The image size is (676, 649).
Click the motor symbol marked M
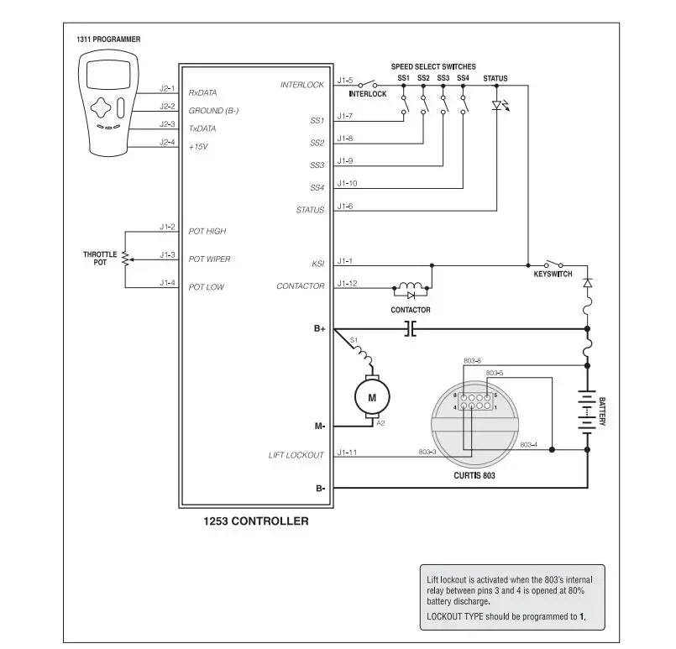(372, 397)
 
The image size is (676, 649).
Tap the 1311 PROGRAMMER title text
(108, 39)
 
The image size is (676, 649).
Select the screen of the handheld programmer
(108, 74)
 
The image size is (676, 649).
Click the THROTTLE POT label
(100, 258)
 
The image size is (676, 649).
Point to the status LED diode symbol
(497, 105)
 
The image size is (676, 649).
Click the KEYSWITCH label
(553, 274)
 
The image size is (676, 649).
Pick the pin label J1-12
(347, 283)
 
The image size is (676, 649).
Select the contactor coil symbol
(411, 286)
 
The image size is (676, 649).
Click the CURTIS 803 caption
(474, 475)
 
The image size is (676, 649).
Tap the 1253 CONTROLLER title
(256, 521)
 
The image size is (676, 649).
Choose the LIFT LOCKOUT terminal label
(296, 455)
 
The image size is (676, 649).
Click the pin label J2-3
(167, 124)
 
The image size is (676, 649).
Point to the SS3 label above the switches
(443, 78)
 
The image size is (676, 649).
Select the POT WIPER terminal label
(210, 259)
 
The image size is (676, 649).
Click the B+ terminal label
(319, 329)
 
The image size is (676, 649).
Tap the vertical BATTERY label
(602, 411)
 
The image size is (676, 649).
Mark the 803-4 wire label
(528, 445)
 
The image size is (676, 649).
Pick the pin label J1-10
(347, 183)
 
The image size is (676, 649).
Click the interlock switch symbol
(368, 84)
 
